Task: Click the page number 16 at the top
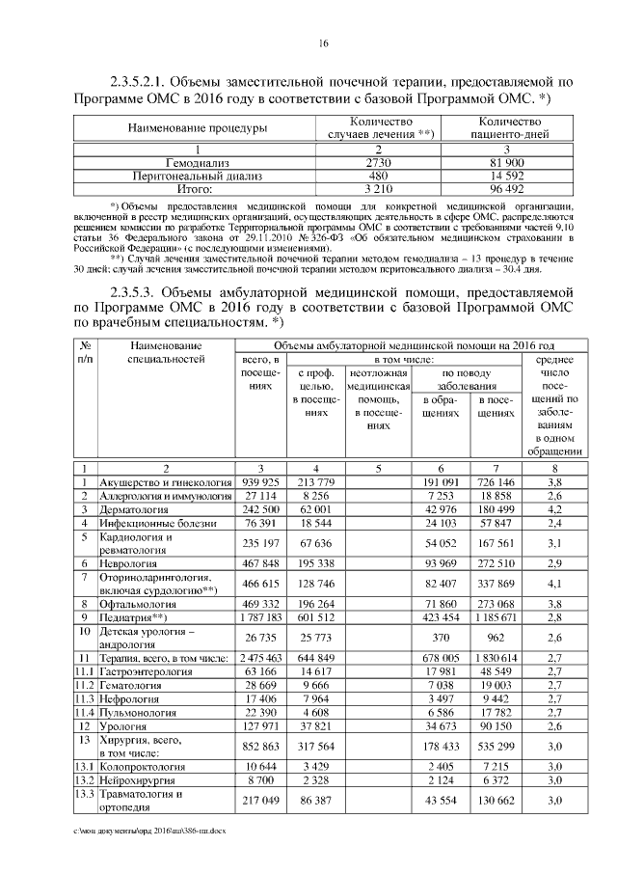pyautogui.click(x=324, y=43)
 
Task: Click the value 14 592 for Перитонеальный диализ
pyautogui.click(x=506, y=177)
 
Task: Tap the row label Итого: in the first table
pyautogui.click(x=183, y=190)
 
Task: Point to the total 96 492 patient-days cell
pyautogui.click(x=506, y=190)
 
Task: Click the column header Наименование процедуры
pyautogui.click(x=183, y=128)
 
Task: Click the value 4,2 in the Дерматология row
pyautogui.click(x=554, y=508)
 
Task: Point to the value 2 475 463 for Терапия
pyautogui.click(x=259, y=656)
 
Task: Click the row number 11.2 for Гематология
pyautogui.click(x=86, y=683)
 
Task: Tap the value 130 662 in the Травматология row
pyautogui.click(x=496, y=800)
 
